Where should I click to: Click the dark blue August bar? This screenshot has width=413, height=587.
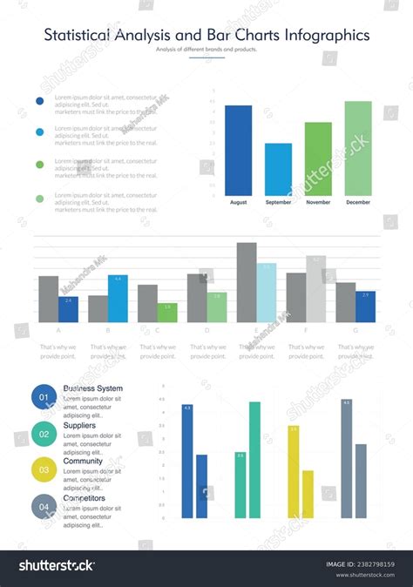pos(238,151)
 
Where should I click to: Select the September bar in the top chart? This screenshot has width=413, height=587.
pos(278,169)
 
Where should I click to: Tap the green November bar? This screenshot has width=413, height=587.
pos(318,159)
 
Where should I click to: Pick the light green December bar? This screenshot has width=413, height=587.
pos(358,148)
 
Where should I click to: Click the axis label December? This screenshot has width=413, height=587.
pos(358,202)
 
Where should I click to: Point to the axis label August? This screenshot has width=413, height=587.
pos(238,202)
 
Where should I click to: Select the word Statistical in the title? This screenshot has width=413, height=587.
pos(78,36)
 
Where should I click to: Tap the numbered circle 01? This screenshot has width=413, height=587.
pos(44,397)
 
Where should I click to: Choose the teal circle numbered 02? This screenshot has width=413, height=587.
pos(44,433)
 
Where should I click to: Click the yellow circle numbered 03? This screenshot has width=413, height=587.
pos(44,469)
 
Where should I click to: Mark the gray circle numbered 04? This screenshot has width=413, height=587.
pos(44,506)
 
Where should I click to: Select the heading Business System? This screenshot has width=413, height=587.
pos(93,388)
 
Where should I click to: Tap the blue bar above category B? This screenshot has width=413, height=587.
pos(118,299)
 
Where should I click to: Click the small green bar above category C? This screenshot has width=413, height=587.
pos(167,313)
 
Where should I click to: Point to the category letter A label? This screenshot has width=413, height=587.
pos(58,331)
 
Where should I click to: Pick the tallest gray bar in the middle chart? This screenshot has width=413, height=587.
pos(247,282)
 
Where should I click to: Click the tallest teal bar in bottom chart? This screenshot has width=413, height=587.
pos(254,460)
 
